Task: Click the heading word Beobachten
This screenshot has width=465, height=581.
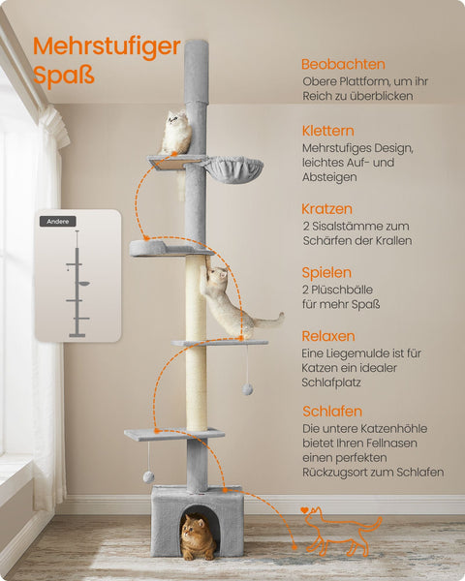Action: tap(343, 64)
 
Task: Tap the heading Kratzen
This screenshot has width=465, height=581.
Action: tap(326, 208)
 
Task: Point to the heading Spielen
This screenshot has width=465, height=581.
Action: tap(326, 272)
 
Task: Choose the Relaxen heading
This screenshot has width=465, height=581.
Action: tap(328, 336)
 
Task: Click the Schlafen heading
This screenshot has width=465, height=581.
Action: tap(332, 410)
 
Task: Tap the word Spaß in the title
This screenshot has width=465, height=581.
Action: tap(64, 75)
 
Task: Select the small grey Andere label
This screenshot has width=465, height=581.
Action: tap(57, 221)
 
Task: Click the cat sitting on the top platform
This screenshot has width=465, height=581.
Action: tap(176, 134)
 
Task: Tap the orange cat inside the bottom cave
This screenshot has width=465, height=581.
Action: tap(197, 537)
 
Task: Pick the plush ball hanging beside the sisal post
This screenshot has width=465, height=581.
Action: tap(248, 388)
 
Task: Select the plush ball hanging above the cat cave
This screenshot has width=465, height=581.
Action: tap(149, 476)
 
